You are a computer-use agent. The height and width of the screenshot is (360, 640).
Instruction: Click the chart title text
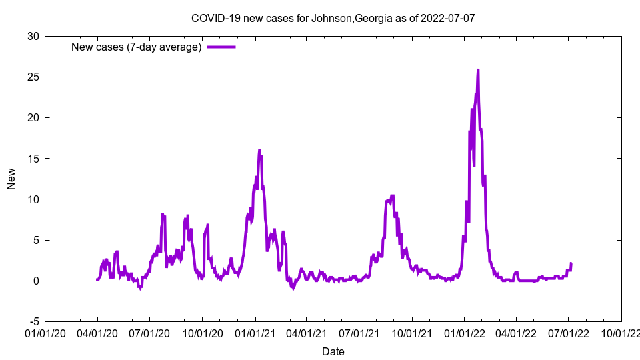[x=333, y=18]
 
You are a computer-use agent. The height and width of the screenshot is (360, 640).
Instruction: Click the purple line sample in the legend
[x=221, y=47]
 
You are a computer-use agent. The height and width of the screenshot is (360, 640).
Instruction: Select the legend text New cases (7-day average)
[x=136, y=47]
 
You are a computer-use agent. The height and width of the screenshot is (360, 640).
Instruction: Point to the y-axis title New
[x=11, y=179]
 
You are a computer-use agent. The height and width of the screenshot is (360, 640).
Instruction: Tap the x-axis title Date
[x=333, y=351]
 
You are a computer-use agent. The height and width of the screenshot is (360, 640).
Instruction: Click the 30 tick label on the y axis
[x=33, y=36]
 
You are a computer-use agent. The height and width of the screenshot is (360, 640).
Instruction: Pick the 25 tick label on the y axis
[x=33, y=77]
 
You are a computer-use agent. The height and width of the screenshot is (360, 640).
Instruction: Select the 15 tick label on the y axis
[x=33, y=158]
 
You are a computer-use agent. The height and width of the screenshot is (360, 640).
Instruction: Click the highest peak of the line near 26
[x=478, y=69]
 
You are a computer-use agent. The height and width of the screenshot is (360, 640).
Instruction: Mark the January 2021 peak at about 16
[x=259, y=151]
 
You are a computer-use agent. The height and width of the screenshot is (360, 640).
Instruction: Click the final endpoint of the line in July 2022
[x=571, y=263]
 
